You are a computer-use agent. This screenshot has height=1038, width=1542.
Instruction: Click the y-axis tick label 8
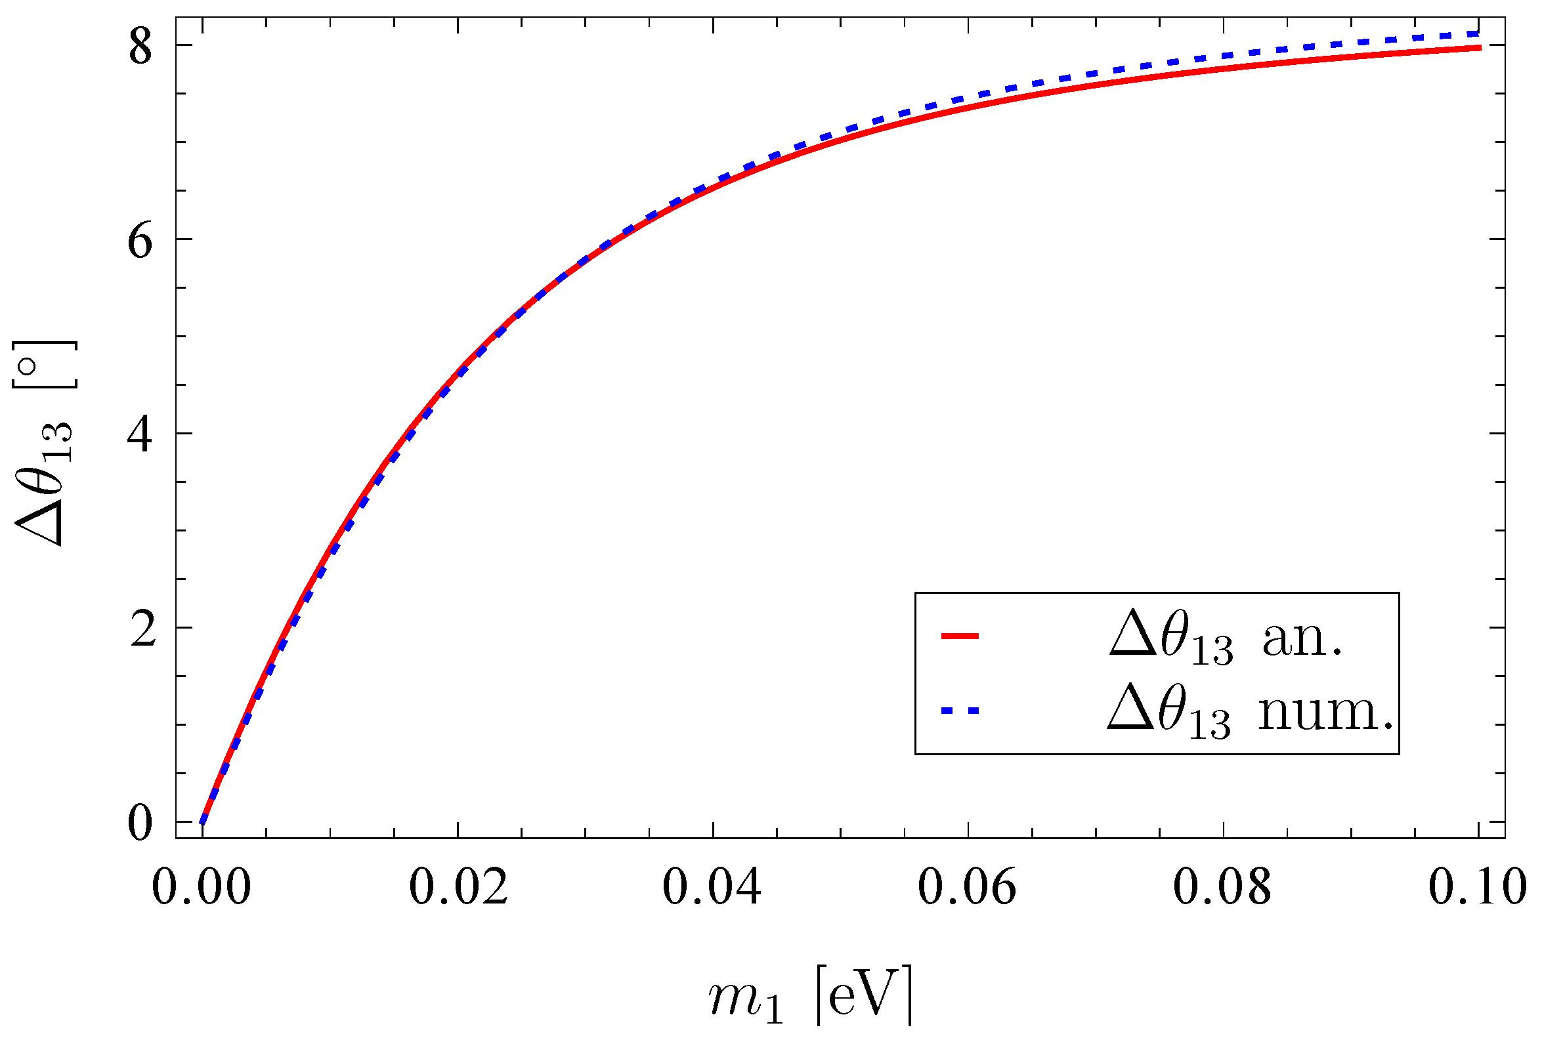[x=140, y=47]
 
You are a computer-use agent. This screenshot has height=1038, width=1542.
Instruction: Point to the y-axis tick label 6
[x=140, y=241]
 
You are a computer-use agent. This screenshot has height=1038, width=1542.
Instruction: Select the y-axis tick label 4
[x=140, y=436]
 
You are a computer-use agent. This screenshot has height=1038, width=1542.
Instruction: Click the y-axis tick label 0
[x=140, y=823]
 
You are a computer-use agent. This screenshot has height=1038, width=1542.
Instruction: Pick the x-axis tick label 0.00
[x=202, y=887]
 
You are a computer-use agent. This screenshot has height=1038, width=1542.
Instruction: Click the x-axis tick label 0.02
[x=458, y=887]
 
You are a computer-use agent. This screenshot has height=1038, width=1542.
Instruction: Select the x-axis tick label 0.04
[x=712, y=887]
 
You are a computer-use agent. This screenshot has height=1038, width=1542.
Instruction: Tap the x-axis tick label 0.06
[x=967, y=887]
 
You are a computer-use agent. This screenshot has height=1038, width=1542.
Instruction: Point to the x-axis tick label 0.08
[x=1222, y=887]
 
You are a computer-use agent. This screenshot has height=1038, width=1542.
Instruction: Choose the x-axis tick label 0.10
[x=1478, y=887]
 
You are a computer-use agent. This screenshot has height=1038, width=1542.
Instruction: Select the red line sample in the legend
[x=960, y=636]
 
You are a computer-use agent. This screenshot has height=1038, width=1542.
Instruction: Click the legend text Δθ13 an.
[x=1226, y=638]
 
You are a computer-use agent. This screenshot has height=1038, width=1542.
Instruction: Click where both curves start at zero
[x=203, y=822]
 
